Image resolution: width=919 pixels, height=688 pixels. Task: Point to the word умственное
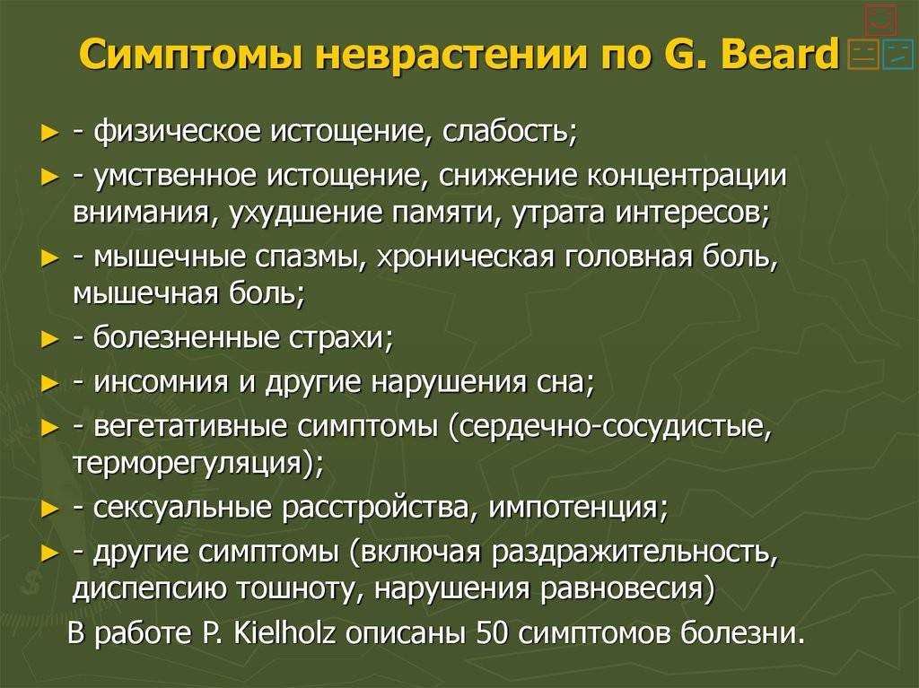tap(175, 177)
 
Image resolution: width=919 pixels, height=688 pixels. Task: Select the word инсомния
tap(161, 383)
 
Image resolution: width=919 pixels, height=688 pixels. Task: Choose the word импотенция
tap(573, 508)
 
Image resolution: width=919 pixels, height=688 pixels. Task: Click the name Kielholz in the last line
tap(284, 633)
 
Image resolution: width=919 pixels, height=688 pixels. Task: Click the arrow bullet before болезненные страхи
tap(51, 339)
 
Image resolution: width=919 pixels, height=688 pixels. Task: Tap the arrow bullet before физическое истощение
tap(51, 133)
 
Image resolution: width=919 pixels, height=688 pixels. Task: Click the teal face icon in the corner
tap(897, 56)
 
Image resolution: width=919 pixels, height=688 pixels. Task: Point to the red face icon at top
tap(880, 22)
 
